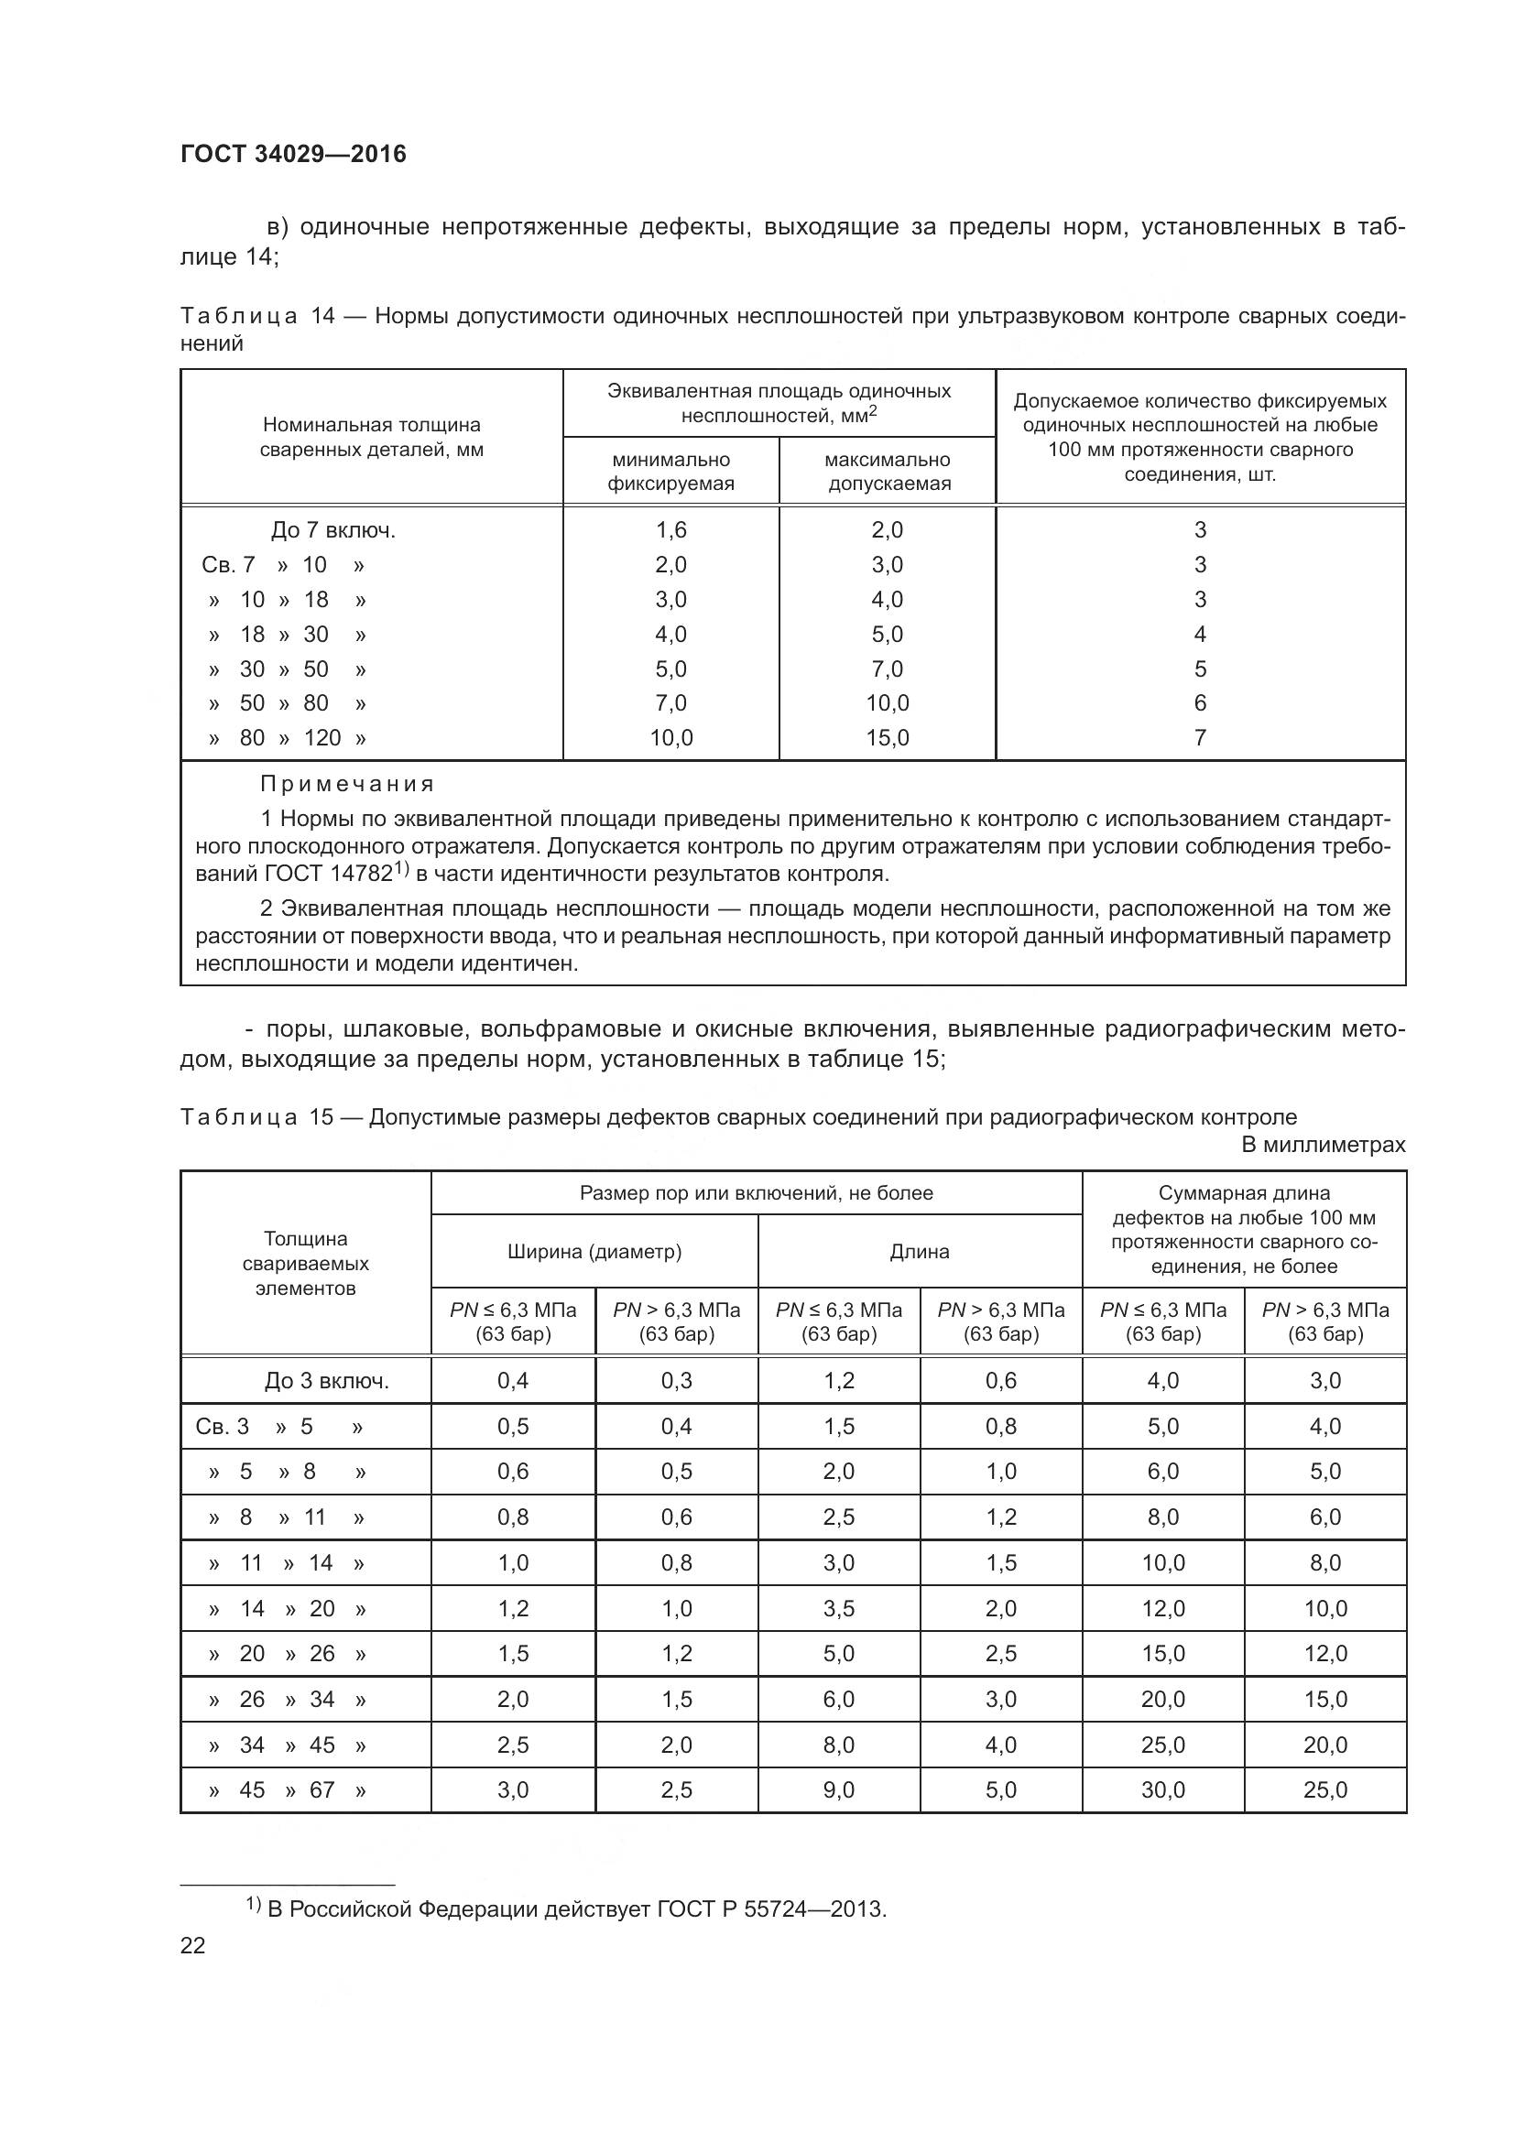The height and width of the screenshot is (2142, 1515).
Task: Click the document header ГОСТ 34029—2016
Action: coord(293,154)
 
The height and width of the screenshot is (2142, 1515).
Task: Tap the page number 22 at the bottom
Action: coord(192,1945)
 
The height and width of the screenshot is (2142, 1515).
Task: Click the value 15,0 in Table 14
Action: coord(888,738)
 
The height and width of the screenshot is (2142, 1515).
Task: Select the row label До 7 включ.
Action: coord(333,530)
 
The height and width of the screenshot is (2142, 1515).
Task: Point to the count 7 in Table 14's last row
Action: coord(1200,738)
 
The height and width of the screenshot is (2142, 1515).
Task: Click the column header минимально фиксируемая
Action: coord(670,471)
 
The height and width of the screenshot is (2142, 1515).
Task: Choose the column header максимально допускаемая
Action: coord(888,471)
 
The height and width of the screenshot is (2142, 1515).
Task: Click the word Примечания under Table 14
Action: coord(347,784)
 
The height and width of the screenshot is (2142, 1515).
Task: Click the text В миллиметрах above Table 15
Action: coord(1323,1145)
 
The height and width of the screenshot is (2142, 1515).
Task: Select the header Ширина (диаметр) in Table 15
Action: coord(594,1251)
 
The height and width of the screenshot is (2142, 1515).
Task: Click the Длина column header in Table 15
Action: coord(919,1251)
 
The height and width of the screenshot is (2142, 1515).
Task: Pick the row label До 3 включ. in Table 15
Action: coord(326,1381)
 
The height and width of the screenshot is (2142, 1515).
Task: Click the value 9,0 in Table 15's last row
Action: coord(839,1789)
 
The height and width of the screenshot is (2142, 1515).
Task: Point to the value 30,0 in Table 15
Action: coord(1162,1789)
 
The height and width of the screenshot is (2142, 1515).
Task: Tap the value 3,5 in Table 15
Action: coord(839,1608)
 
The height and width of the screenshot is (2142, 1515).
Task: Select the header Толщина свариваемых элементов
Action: coord(305,1263)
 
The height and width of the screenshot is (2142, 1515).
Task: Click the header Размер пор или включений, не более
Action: coord(756,1193)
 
